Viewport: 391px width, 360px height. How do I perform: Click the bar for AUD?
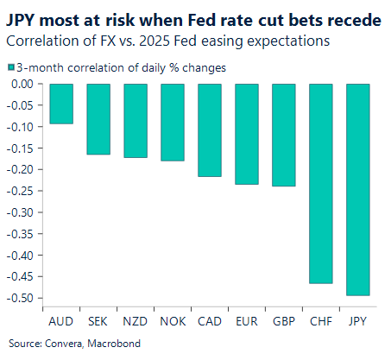pyautogui.click(x=61, y=104)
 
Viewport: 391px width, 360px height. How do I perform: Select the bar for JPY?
pyautogui.click(x=358, y=189)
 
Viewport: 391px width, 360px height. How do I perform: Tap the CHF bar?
pyautogui.click(x=321, y=183)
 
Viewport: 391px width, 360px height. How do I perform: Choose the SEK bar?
pyautogui.click(x=98, y=119)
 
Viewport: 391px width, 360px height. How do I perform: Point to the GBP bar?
pyautogui.click(x=284, y=135)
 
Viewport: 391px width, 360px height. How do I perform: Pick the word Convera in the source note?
pyautogui.click(x=54, y=342)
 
